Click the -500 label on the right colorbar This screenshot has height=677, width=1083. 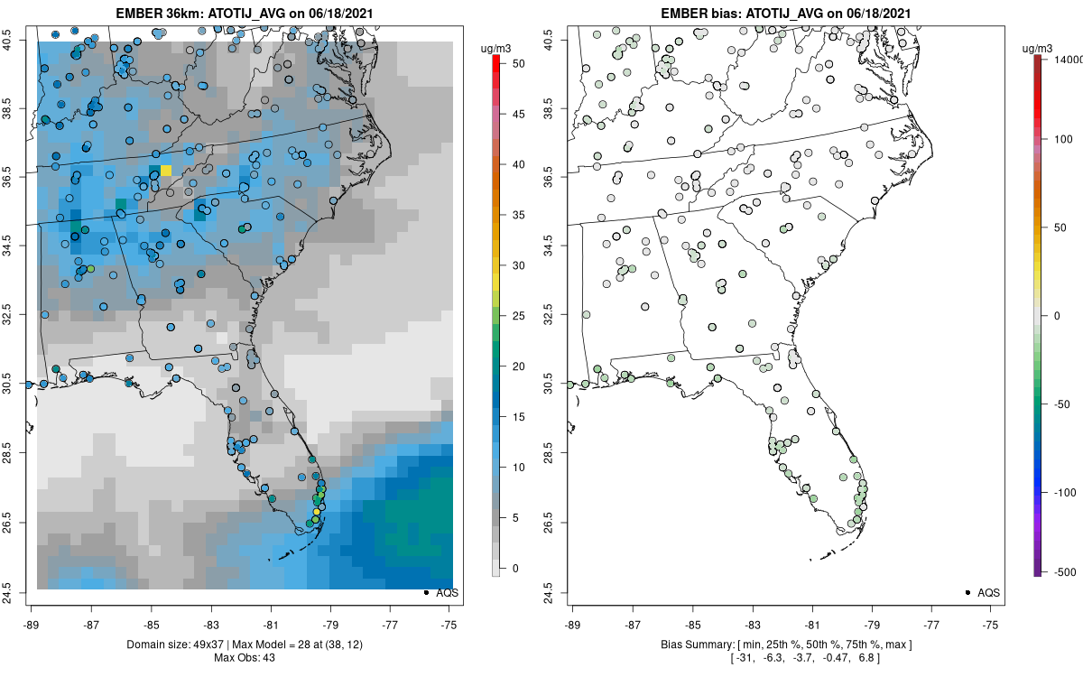1065,571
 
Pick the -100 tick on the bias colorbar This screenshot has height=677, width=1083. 1065,492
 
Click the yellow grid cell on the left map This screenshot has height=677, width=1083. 165,171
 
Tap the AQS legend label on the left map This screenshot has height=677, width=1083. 448,593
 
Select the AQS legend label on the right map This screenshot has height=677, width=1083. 989,593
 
